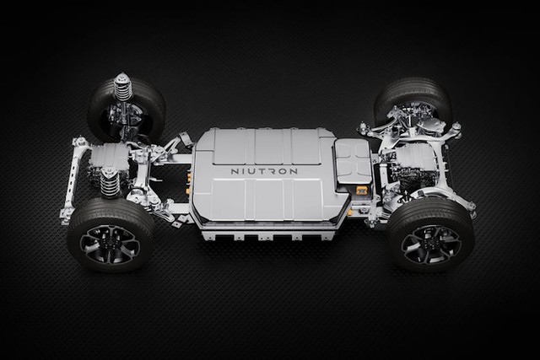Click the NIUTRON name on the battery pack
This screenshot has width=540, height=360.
(x=264, y=171)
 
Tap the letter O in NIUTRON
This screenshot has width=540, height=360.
(x=283, y=171)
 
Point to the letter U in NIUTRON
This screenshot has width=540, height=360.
(x=251, y=171)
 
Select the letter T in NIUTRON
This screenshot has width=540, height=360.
(x=262, y=171)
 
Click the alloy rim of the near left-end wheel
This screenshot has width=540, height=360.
(x=110, y=244)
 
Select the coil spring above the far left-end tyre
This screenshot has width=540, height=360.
(x=121, y=87)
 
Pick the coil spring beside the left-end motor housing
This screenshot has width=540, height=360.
(x=109, y=181)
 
